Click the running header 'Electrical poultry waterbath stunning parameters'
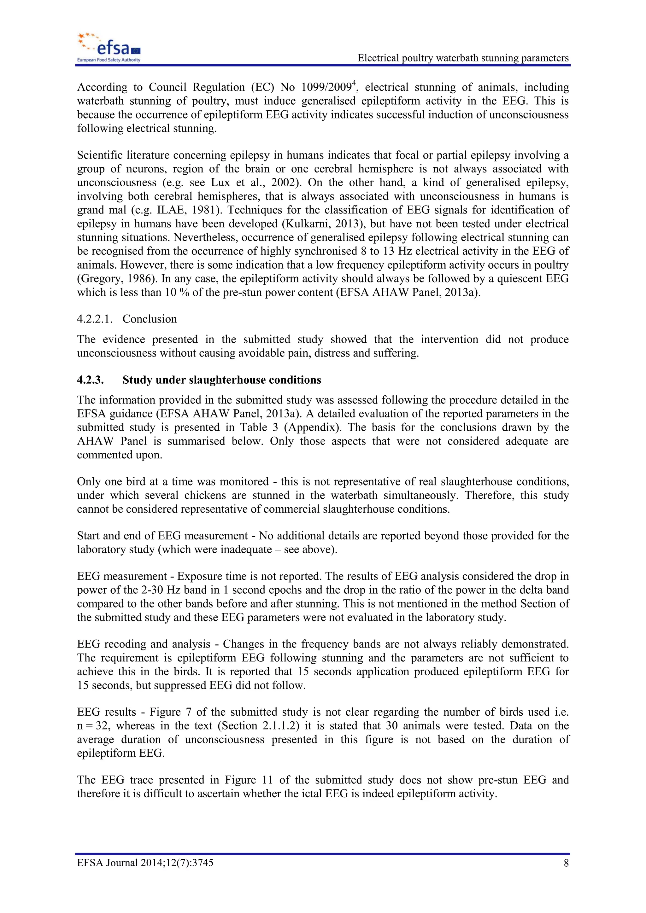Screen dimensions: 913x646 tap(463, 58)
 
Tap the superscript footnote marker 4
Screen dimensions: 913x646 tap(354, 83)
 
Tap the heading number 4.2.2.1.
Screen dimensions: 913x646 tap(95, 319)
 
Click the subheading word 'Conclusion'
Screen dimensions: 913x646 tap(150, 319)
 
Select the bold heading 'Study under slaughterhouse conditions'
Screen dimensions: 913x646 tap(221, 380)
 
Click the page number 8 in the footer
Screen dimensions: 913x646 tap(566, 863)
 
